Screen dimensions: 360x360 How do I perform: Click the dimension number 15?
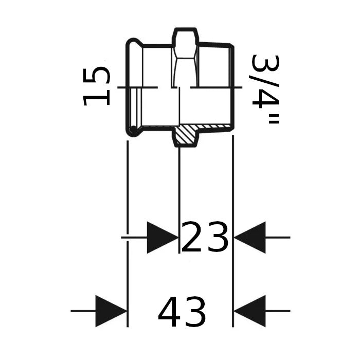coord(96,86)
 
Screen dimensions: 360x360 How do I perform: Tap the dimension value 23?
coord(205,237)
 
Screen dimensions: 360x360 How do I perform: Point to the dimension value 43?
coord(182,312)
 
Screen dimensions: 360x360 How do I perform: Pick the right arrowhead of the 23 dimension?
coord(250,238)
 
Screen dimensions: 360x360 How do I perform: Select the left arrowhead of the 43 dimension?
coord(111,311)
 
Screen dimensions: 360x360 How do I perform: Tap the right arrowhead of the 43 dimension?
coord(250,311)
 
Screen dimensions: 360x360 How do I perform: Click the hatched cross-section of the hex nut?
coord(186,135)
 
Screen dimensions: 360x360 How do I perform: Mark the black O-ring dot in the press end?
coord(133,130)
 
